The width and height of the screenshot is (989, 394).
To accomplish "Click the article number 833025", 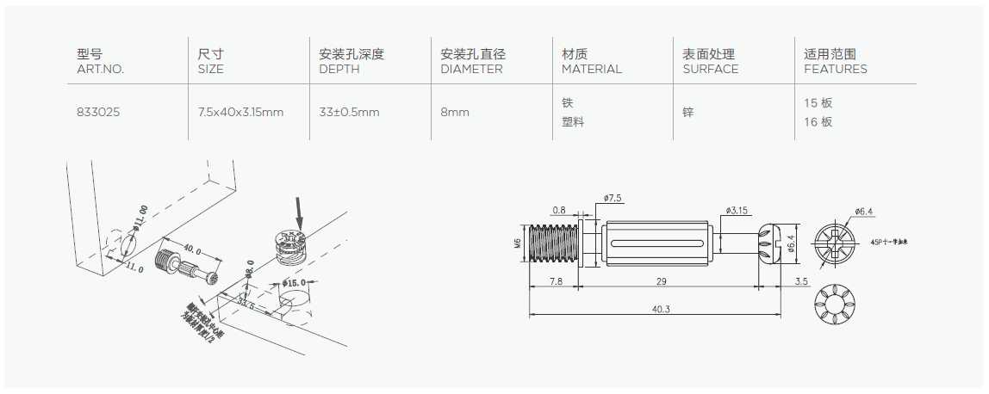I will [x=96, y=113].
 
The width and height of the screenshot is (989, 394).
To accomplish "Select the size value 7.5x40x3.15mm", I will [x=241, y=113].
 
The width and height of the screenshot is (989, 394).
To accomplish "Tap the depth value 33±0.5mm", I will [x=349, y=113].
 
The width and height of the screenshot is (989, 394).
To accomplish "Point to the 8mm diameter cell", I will [x=455, y=113].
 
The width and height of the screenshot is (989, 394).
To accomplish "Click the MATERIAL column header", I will [x=591, y=69].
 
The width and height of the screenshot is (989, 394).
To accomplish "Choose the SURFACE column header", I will [x=711, y=69].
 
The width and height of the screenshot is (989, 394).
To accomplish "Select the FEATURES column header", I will [x=835, y=69].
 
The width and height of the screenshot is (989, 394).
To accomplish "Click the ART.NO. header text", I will [x=101, y=69].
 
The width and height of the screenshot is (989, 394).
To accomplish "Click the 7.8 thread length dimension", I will [x=556, y=281].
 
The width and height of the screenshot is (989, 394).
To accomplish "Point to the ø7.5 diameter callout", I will [x=613, y=199].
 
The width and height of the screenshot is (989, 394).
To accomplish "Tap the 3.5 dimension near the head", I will [x=802, y=281].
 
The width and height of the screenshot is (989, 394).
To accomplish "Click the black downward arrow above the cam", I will [x=299, y=209].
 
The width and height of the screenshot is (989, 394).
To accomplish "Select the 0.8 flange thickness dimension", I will [x=559, y=210].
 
